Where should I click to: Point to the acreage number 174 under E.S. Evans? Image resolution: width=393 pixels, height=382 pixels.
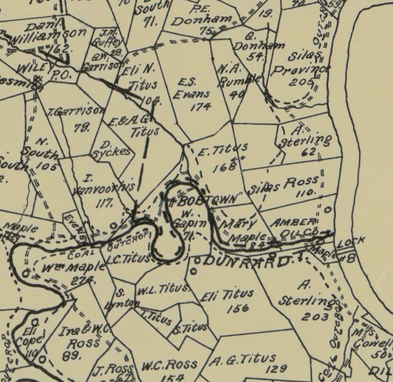[201, 106]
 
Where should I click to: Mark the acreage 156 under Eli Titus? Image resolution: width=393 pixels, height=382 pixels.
[238, 307]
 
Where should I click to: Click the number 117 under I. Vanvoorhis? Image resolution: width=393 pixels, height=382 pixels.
[103, 203]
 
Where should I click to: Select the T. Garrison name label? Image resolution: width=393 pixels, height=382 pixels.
[76, 111]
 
